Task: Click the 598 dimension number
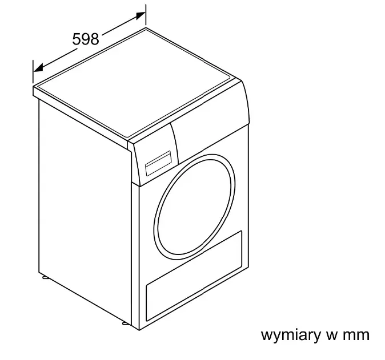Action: (86, 39)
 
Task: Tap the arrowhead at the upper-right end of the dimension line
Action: (140, 15)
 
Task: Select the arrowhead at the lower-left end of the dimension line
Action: (38, 68)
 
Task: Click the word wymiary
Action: (291, 335)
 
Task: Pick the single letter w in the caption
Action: (331, 335)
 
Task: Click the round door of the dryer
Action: (194, 207)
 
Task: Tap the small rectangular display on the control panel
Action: (158, 163)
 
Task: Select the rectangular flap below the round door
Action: (194, 276)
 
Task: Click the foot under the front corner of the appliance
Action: (126, 323)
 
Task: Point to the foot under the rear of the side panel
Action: (46, 278)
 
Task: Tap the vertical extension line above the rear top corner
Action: (146, 15)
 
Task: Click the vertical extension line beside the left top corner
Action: (33, 72)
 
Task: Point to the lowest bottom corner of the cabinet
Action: (139, 330)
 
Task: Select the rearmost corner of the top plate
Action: (146, 28)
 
